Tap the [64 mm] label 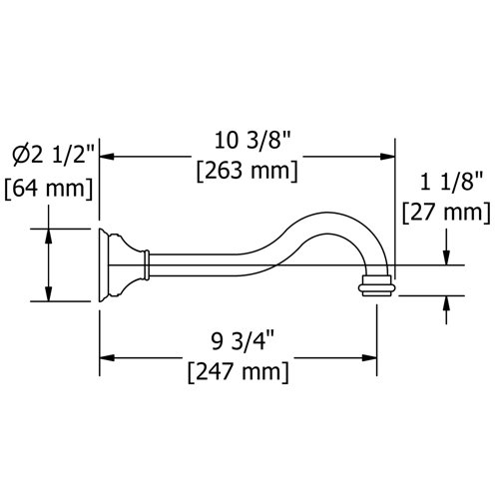click(49, 186)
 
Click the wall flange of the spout click(105, 264)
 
